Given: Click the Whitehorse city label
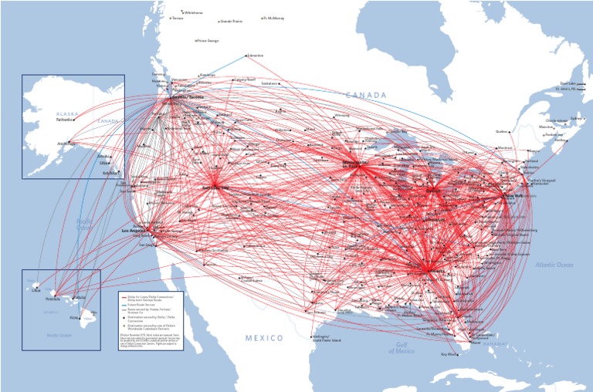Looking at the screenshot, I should [193, 12].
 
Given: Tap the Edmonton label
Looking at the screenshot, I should [256, 56].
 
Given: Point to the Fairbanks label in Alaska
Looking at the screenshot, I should [65, 120].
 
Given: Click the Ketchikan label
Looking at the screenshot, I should [110, 173].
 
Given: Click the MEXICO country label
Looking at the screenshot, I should [265, 338].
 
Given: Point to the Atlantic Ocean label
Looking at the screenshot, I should [554, 265].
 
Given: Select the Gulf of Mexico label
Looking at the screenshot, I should [402, 347].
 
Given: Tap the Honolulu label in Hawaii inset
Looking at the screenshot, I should [52, 298].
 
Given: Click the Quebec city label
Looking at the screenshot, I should [480, 131].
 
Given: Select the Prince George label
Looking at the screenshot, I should [208, 40].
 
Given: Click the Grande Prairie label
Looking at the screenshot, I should [232, 21].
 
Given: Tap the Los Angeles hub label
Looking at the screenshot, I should [134, 230].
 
